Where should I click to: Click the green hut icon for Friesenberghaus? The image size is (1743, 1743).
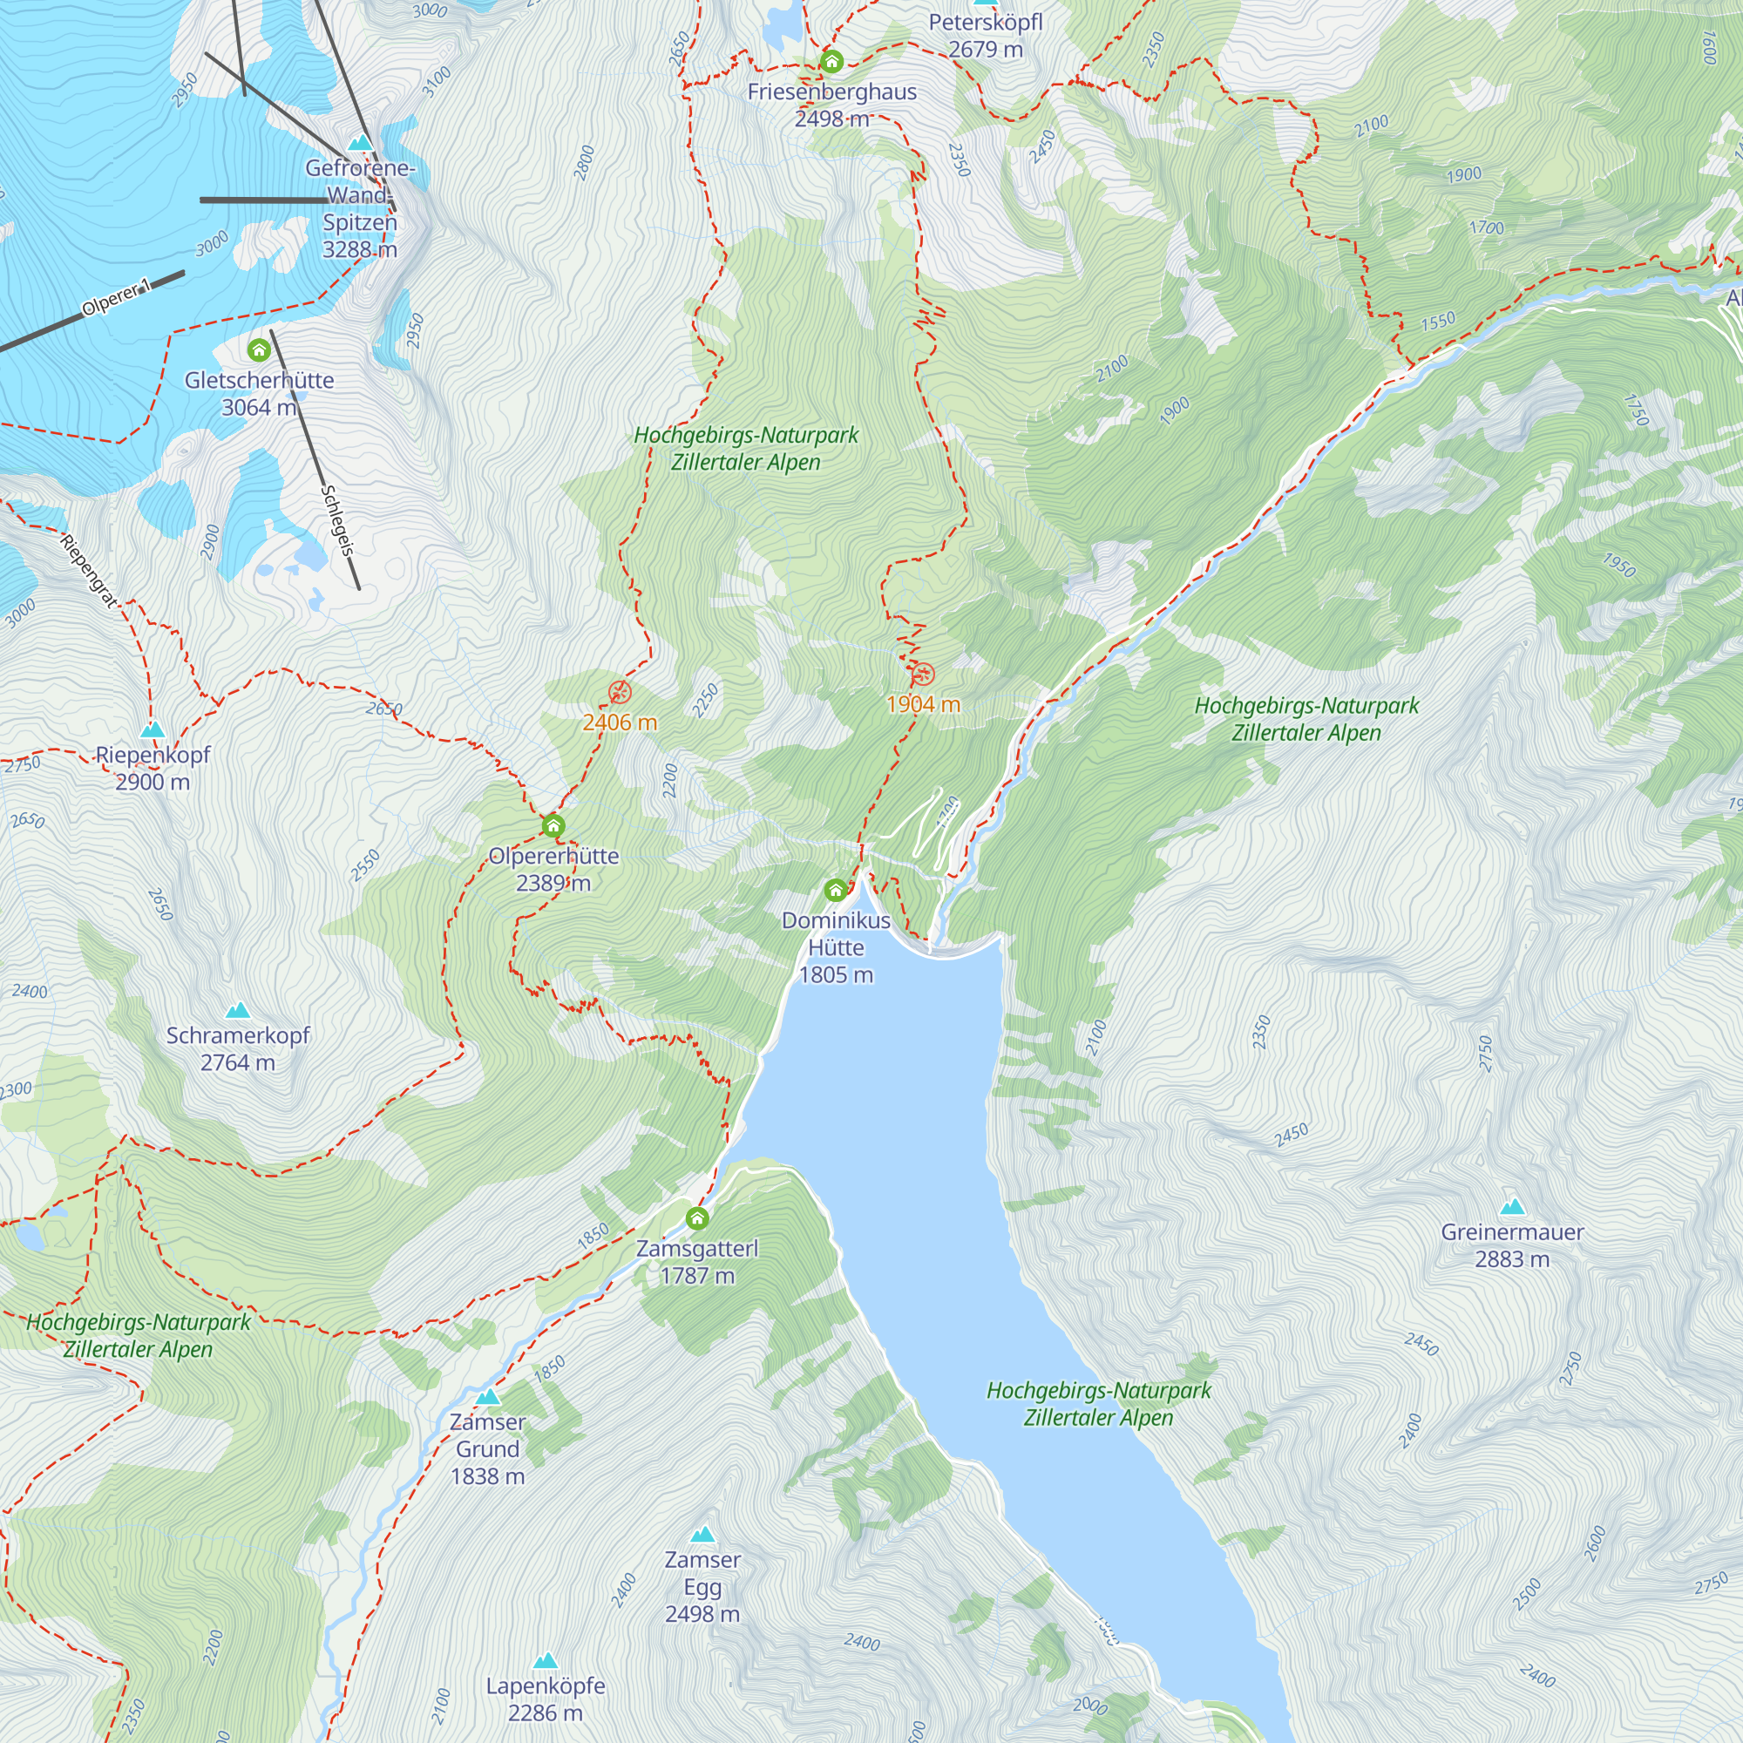[x=831, y=61]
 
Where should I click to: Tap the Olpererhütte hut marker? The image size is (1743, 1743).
[x=553, y=825]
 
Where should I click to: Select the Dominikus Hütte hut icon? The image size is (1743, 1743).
[x=836, y=891]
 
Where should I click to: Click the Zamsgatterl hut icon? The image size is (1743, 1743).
[x=696, y=1219]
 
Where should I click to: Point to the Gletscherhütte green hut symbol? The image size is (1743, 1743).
[x=259, y=349]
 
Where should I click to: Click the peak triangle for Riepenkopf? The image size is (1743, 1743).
[x=153, y=729]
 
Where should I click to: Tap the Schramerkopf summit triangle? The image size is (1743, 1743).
[x=237, y=1009]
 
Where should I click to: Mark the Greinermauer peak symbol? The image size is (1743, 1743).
[x=1512, y=1206]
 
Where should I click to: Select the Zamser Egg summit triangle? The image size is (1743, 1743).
[x=702, y=1534]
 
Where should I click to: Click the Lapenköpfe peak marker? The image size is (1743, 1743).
[x=545, y=1660]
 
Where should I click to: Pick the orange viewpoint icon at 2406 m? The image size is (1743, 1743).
[x=620, y=693]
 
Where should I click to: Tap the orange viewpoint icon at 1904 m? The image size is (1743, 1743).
[x=923, y=674]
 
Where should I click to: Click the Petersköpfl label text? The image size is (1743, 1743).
[x=985, y=22]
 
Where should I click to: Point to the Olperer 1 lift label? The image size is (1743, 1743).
[x=117, y=299]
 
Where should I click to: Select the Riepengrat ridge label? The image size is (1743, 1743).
[x=88, y=570]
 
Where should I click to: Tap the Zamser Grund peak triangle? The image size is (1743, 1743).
[x=487, y=1396]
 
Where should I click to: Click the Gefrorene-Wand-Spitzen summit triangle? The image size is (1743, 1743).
[x=360, y=143]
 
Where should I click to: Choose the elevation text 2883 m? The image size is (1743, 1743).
[x=1512, y=1258]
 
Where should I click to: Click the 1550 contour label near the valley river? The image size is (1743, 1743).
[x=1438, y=322]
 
